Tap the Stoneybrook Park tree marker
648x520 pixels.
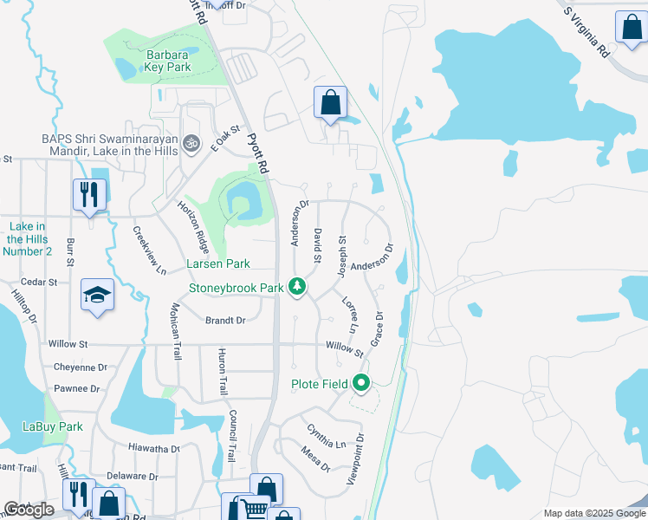297,287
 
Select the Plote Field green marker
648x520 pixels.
360,383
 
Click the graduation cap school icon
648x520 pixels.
97,296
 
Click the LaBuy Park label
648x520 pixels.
52,426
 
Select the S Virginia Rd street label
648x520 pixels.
586,32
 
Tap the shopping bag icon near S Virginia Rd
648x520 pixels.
631,26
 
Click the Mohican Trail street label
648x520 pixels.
175,331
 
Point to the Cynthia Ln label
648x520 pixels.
325,436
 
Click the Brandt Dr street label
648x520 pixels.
225,321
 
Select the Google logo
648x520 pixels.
29,510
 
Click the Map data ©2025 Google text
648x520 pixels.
593,513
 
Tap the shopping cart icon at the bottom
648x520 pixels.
252,508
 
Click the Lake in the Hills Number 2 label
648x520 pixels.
27,238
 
